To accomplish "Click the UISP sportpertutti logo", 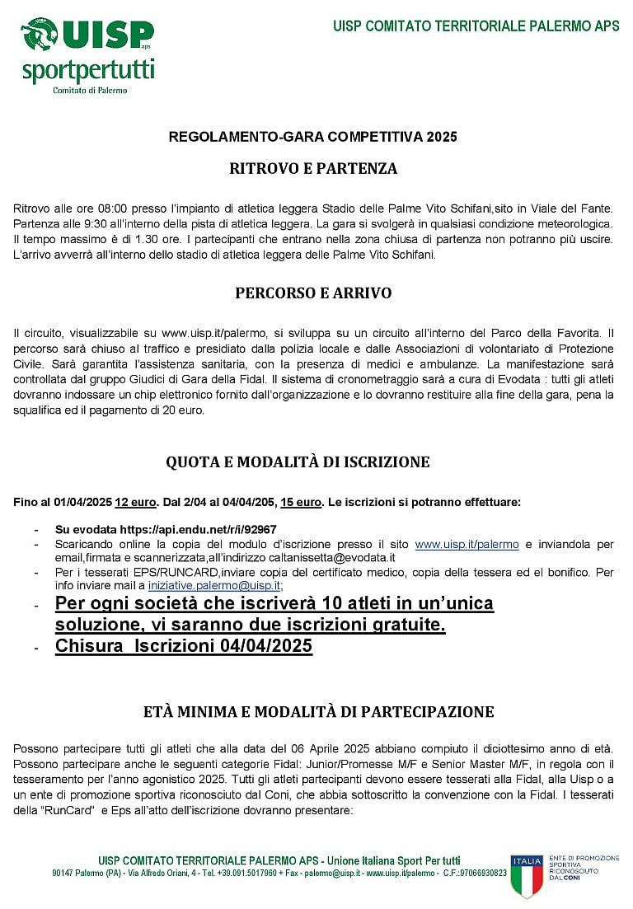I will point(87,54).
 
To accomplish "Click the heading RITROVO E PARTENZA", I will point(313,169).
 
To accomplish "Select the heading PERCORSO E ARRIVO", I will point(313,293).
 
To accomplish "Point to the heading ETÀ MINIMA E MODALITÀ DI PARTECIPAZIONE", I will point(318,712).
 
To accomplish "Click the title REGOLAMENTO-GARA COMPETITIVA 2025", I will point(312,137).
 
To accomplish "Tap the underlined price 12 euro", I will point(135,502).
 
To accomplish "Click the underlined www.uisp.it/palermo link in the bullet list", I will point(467,544).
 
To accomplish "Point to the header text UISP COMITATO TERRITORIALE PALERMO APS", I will point(476,26).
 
